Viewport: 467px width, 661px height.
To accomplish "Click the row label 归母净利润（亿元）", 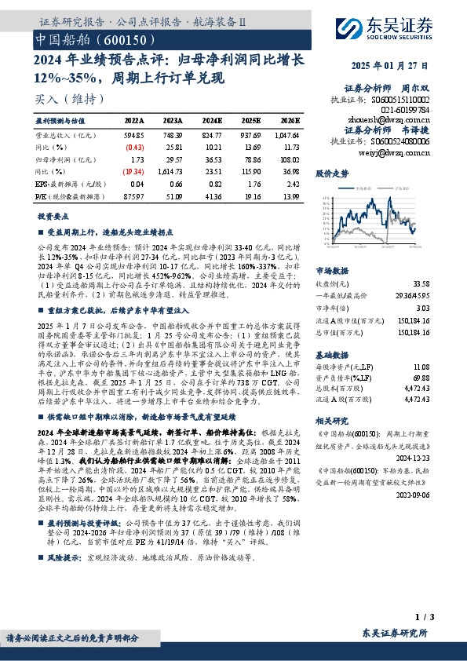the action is click(60, 159).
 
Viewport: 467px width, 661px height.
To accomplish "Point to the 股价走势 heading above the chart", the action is click(330, 172).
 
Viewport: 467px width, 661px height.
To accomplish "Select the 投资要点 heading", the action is click(52, 215).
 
